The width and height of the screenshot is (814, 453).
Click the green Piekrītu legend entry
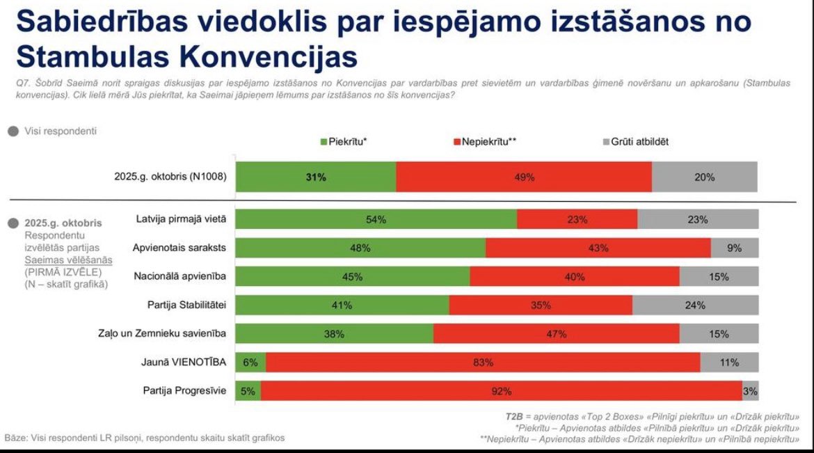coord(343,142)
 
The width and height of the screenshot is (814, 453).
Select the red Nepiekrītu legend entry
coord(484,142)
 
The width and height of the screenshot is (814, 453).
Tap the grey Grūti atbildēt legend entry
coord(635,142)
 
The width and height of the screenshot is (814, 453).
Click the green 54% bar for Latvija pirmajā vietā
coord(376,219)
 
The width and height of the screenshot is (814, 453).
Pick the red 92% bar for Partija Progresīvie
coord(501,391)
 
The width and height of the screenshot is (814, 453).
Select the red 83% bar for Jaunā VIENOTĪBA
coord(483,363)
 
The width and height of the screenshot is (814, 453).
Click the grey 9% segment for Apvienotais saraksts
coord(735,248)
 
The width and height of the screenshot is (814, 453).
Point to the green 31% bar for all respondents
coord(316,177)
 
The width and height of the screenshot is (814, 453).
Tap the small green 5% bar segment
coord(248,391)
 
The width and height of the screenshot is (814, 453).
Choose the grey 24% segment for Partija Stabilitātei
coord(695,305)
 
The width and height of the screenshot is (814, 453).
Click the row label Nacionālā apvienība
coord(181,276)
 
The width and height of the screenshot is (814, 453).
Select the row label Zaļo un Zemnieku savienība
coord(162,333)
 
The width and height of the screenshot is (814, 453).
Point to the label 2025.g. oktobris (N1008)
coord(170,177)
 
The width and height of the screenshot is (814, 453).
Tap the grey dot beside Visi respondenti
coord(13,131)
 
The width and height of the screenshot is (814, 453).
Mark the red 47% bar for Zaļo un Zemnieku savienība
coord(556,334)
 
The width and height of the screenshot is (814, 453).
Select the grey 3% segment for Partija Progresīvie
coord(750,391)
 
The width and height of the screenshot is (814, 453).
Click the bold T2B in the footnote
coord(514,416)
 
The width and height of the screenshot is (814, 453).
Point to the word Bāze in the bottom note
coord(16,438)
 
